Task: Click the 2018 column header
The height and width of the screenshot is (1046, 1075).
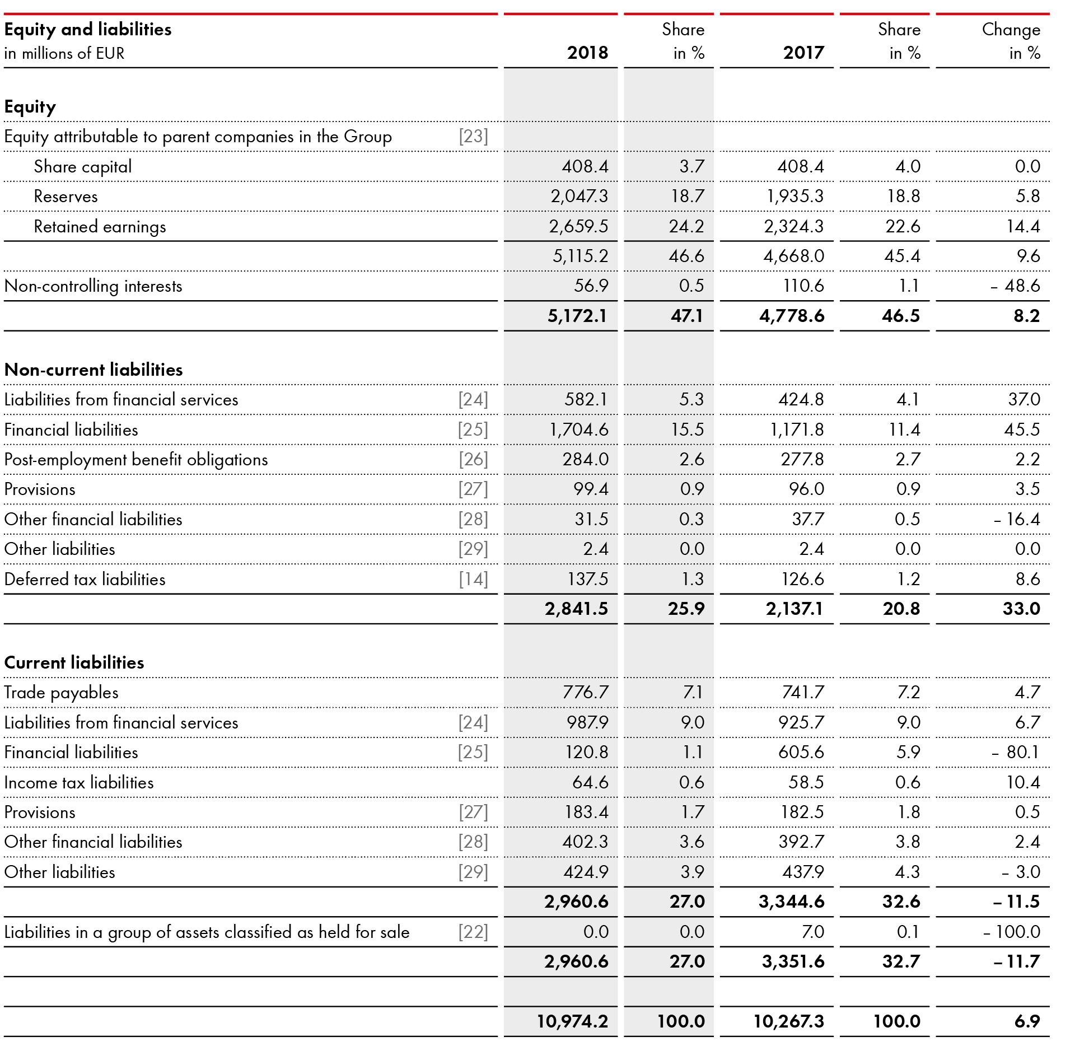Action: point(587,53)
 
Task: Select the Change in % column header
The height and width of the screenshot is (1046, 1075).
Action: point(1011,41)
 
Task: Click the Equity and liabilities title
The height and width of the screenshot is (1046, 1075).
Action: point(88,29)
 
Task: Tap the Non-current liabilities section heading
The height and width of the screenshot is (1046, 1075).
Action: point(94,370)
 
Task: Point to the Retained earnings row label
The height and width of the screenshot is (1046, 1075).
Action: point(100,227)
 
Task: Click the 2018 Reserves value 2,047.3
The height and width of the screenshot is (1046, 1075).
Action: point(579,197)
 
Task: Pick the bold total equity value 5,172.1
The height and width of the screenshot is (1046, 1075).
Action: point(577,316)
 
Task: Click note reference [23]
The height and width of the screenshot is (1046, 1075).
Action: point(473,137)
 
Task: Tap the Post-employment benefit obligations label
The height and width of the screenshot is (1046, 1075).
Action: point(136,460)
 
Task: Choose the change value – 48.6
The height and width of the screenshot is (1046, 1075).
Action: point(1015,286)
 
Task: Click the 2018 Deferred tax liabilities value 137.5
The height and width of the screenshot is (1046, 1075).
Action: point(587,580)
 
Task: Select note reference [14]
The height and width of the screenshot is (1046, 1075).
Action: point(473,580)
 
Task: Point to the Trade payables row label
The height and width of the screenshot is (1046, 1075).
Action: point(61,693)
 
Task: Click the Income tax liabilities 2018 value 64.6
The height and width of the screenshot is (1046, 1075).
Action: point(590,783)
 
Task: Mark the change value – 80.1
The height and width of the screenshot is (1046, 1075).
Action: point(1015,753)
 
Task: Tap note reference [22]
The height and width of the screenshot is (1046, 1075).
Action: point(473,932)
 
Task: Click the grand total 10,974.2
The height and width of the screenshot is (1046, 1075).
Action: point(572,1022)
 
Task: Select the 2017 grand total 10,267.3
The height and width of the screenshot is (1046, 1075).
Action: point(788,1022)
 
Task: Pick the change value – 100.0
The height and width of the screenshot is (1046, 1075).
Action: point(1012,932)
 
